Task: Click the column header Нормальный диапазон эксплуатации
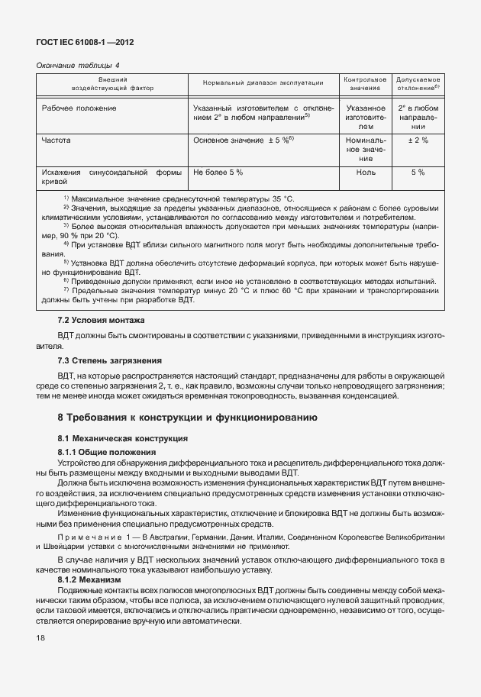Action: coord(263,82)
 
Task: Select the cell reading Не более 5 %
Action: coord(218,173)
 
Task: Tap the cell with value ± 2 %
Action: coord(418,140)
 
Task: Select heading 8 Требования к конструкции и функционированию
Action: coord(191,418)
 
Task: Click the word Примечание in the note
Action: coord(89,539)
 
